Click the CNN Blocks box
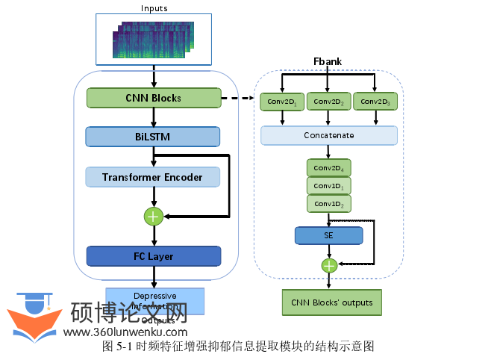click(x=154, y=98)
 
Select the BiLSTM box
click(x=153, y=137)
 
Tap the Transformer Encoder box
click(x=153, y=177)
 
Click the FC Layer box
click(x=153, y=256)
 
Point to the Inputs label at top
click(x=154, y=8)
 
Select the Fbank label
click(x=328, y=60)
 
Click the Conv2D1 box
click(x=282, y=101)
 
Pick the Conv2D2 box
click(x=328, y=101)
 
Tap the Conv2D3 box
click(x=375, y=101)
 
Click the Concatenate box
click(x=328, y=136)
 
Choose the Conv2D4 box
click(x=328, y=168)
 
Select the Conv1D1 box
click(x=328, y=186)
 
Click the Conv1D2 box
click(x=328, y=204)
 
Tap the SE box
click(x=328, y=236)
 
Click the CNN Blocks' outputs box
click(x=331, y=302)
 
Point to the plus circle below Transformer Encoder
click(x=154, y=217)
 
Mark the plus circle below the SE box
click(x=328, y=264)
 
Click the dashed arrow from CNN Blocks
click(x=239, y=98)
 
